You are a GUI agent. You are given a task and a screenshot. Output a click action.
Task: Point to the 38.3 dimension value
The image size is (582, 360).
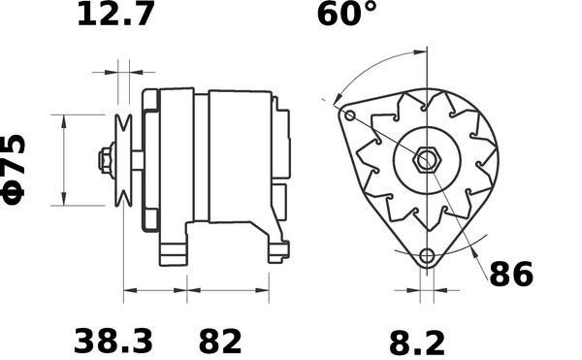click(113, 341)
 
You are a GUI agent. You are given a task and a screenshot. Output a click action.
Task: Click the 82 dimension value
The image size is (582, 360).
click(220, 341)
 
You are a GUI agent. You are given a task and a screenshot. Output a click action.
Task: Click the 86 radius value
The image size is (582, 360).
click(510, 275)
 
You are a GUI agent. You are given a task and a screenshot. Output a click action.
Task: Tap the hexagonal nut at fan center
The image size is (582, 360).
click(426, 158)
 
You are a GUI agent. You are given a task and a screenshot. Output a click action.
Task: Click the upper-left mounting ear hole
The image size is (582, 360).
click(349, 115)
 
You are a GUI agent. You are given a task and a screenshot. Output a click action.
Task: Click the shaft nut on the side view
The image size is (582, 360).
click(103, 160)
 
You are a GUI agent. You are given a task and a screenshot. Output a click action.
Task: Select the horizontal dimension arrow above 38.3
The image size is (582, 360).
click(154, 290)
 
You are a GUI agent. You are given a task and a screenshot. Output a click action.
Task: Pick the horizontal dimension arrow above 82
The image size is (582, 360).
click(228, 290)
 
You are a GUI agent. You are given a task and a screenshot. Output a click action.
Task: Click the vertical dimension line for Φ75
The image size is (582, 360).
click(64, 160)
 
